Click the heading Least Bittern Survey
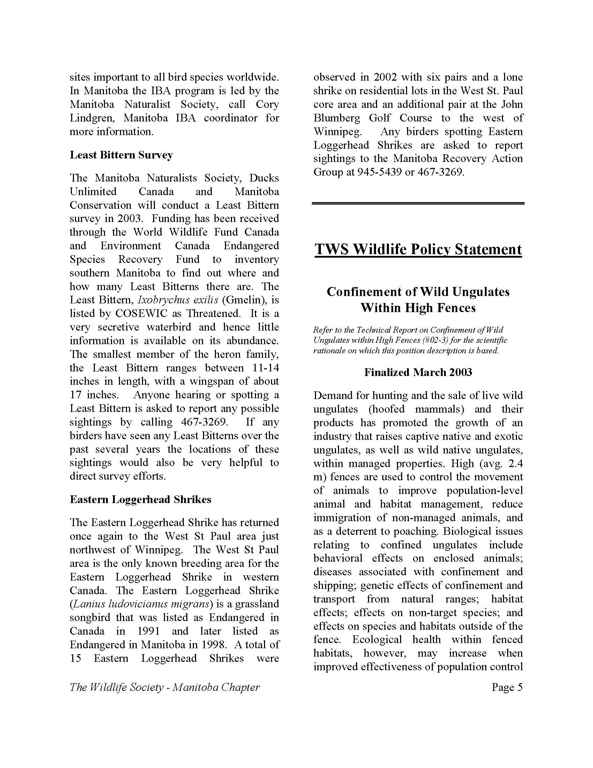(121, 155)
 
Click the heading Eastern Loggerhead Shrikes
(141, 499)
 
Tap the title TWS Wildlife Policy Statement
(418, 249)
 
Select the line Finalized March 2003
(418, 372)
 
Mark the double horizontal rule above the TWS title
(418, 203)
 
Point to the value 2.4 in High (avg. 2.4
(515, 464)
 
